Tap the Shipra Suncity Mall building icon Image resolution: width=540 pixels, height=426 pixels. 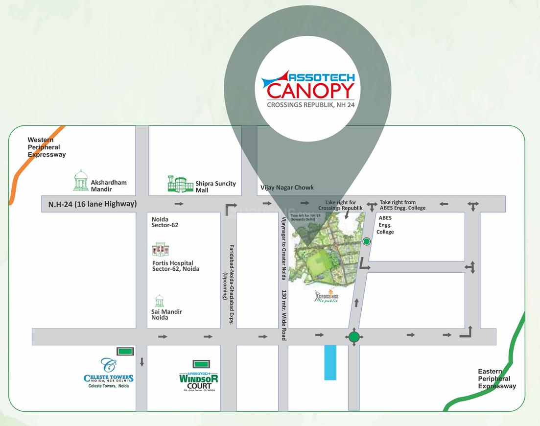point(180,184)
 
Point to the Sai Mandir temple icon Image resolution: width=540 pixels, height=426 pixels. point(159,301)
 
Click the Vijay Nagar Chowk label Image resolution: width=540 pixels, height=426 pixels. point(287,188)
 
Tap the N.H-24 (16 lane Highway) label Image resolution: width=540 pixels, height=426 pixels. point(92,204)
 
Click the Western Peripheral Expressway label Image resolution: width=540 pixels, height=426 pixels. point(47,147)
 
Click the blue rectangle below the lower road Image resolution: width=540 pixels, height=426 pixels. point(330,362)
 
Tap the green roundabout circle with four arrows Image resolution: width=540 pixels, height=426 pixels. point(354,337)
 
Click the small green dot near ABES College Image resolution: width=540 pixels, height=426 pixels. point(366,241)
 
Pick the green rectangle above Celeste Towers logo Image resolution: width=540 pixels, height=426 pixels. point(125,351)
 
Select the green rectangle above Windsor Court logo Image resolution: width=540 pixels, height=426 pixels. point(201,364)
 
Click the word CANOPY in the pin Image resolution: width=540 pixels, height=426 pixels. point(310,91)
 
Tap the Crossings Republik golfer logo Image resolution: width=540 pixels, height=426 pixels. point(327,297)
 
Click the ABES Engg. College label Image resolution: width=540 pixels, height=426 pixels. point(385,225)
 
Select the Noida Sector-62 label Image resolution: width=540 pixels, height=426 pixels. point(165,222)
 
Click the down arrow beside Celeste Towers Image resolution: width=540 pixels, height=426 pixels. point(142,362)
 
